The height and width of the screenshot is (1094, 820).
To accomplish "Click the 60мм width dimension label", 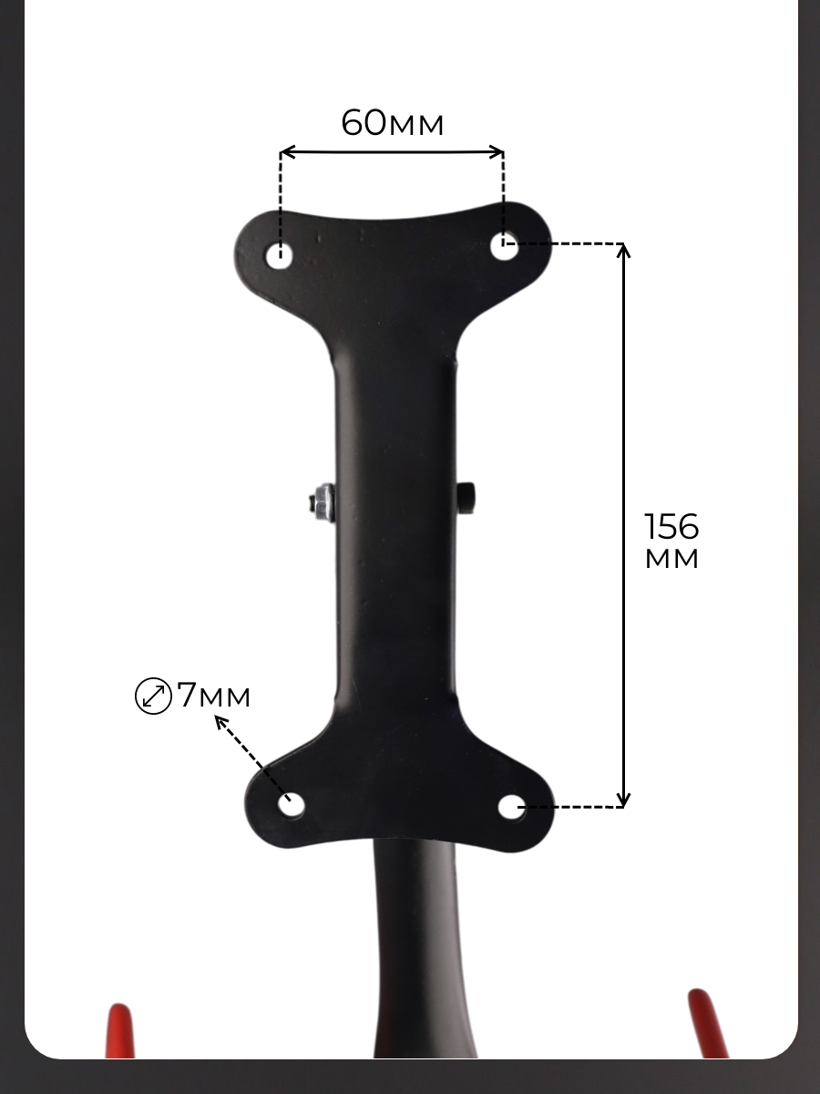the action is (x=393, y=122).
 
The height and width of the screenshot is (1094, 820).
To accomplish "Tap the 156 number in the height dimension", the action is (x=671, y=526).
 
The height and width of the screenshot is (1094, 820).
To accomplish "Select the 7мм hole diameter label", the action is (x=213, y=696).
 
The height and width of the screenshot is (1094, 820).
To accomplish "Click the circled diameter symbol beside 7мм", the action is (x=153, y=696).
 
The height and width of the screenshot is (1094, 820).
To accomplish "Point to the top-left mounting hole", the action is (x=279, y=255).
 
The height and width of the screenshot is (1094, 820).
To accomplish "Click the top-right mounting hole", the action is (x=504, y=246).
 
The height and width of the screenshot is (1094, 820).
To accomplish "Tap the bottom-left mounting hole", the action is (x=292, y=805).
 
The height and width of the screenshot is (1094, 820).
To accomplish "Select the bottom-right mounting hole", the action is (x=512, y=807).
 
